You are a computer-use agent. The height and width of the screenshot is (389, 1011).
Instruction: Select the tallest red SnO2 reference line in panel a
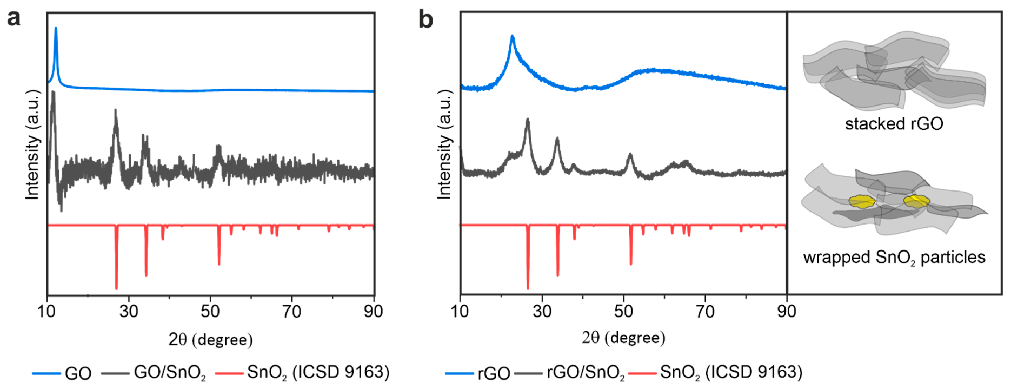116,275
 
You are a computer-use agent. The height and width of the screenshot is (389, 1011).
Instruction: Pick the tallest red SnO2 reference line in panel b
528,275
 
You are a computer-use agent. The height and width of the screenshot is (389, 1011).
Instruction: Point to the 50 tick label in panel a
210,312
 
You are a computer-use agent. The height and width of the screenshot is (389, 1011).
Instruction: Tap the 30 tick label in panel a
128,312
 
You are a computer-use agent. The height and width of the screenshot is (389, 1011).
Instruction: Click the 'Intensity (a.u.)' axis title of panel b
444,145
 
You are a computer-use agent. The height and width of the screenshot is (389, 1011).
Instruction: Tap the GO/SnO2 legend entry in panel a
169,372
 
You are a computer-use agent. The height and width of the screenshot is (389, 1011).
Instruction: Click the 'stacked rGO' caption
894,124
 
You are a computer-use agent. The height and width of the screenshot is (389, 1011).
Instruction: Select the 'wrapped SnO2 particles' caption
894,258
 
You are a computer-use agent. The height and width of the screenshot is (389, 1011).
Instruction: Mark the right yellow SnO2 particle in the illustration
916,201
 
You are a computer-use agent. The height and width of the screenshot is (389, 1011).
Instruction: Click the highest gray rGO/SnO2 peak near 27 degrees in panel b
527,120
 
